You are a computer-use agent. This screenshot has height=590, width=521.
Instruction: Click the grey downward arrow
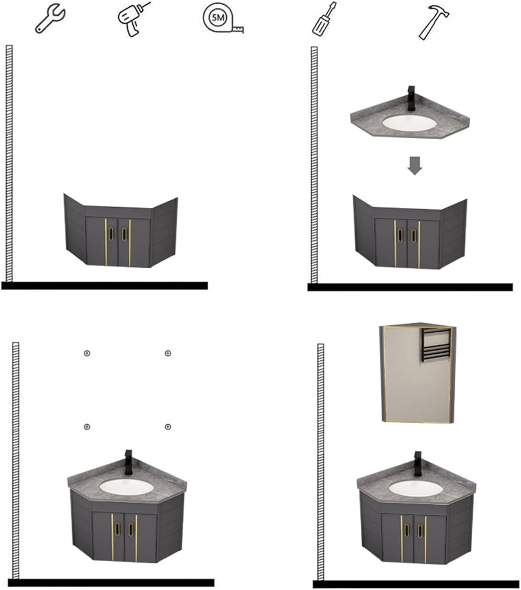415,166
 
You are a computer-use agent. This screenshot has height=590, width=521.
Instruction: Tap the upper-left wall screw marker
87,353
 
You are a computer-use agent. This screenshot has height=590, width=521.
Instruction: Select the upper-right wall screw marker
168,353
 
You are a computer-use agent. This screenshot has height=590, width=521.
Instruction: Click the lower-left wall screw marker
87,427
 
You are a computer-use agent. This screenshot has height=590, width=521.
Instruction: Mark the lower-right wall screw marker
168,427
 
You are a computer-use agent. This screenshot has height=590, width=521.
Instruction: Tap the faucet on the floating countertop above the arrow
411,98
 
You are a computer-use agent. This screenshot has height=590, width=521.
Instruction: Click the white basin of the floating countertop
409,123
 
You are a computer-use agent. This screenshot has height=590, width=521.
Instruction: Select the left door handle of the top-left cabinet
111,234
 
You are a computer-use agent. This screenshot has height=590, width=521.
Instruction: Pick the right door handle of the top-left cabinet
125,234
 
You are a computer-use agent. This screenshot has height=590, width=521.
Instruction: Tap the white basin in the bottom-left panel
126,487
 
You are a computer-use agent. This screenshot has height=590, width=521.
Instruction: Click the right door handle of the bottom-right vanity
420,531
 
